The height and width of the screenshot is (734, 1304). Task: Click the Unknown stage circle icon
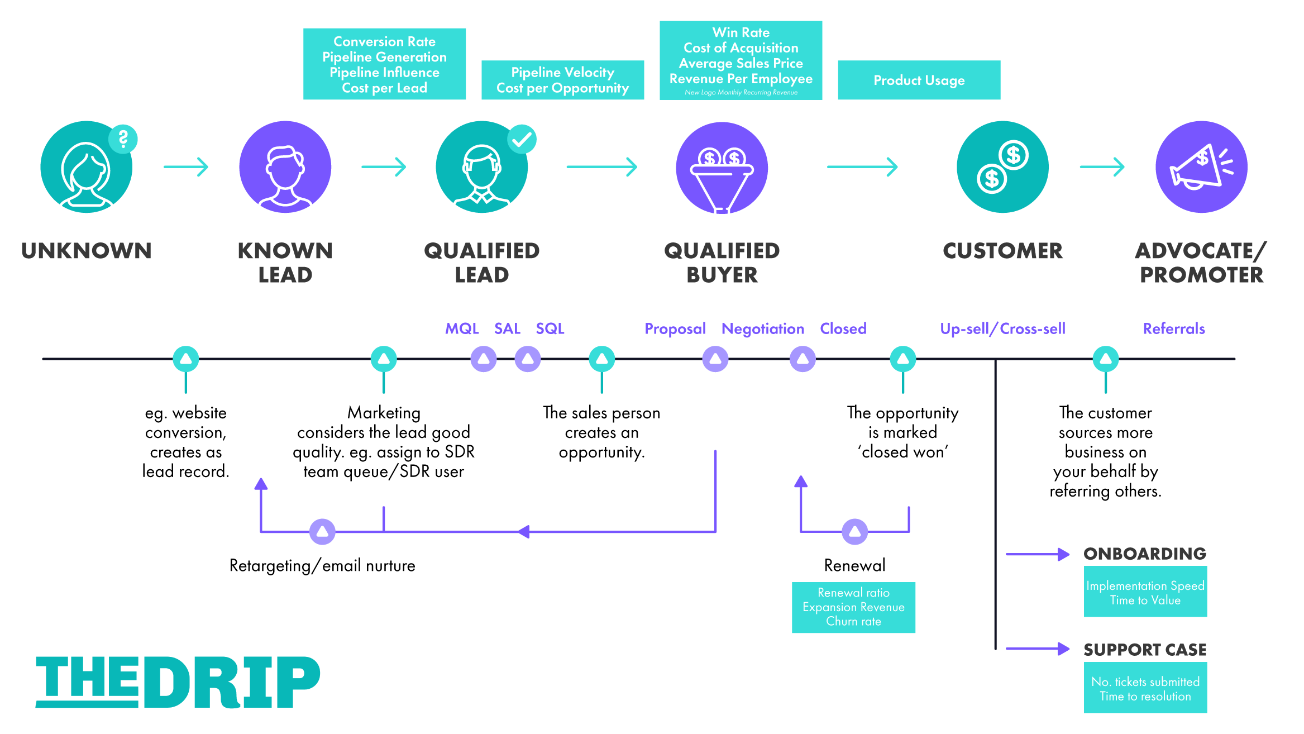[87, 167]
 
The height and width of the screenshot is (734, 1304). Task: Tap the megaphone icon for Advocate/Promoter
[1201, 167]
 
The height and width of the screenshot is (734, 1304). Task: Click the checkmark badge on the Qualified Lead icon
[522, 139]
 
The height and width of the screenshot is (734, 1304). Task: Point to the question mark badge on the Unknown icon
[123, 139]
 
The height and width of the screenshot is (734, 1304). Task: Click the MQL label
[462, 328]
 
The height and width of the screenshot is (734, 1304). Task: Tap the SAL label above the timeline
[507, 328]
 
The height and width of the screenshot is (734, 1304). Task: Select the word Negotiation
[763, 329]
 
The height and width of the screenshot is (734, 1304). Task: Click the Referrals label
[1174, 328]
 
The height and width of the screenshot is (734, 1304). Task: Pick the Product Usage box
[919, 80]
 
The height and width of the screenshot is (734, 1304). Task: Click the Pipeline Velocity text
[562, 72]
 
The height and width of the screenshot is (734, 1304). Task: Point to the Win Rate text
[741, 32]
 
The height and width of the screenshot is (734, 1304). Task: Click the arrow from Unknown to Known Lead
[186, 166]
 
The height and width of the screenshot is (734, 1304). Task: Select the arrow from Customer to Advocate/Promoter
[1102, 166]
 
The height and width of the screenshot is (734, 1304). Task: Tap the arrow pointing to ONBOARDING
[1038, 554]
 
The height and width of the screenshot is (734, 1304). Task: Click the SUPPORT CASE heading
[1145, 650]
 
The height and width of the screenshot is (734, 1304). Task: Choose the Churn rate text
[853, 621]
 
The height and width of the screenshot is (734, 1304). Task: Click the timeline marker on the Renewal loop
[855, 532]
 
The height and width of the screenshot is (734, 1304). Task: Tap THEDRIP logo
[178, 682]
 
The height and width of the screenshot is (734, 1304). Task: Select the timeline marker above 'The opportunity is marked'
[903, 359]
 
